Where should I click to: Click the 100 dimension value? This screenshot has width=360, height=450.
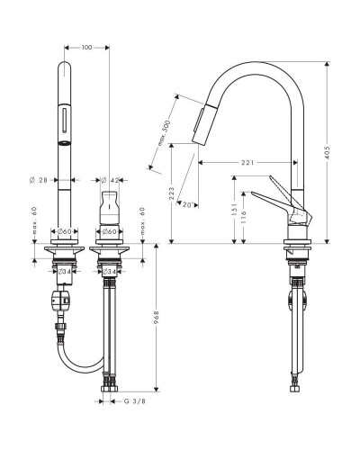(x=87, y=47)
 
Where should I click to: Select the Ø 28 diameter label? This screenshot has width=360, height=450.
(x=40, y=180)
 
